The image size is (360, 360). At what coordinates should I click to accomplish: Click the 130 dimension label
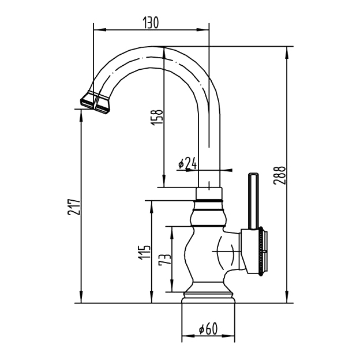point(151,22)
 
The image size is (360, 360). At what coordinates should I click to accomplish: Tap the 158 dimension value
point(157,118)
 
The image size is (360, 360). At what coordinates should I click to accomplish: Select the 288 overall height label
point(279,175)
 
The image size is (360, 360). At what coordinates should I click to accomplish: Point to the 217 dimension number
point(74,207)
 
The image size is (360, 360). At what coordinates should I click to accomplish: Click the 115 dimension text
point(144,253)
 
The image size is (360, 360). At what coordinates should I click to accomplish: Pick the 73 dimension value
point(165,259)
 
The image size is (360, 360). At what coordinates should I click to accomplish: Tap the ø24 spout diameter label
point(187,163)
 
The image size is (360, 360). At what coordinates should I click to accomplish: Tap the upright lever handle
point(253,201)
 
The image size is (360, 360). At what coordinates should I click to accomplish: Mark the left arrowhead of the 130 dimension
point(100,29)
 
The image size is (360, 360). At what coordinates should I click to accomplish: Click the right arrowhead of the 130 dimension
point(202,29)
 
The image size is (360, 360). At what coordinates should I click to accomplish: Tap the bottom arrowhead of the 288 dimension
point(287,297)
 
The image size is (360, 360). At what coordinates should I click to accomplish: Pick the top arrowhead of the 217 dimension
point(81,116)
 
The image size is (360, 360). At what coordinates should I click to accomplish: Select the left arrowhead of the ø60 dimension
point(188,336)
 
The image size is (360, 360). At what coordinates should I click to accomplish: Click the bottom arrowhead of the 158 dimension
point(164,181)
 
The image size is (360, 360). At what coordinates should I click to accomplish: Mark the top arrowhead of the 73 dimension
point(171,233)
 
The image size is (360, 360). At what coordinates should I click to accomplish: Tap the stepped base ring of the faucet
point(208,298)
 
